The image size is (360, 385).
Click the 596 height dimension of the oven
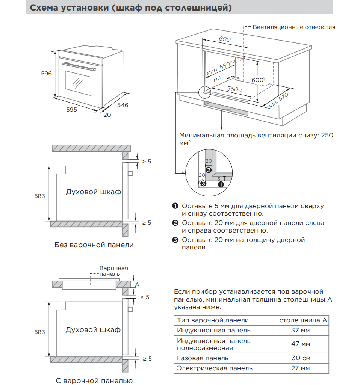pos(46,73)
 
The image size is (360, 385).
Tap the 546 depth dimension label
pos(123,105)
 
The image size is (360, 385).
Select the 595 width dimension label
pos(72,110)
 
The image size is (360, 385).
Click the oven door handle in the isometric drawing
pos(79,66)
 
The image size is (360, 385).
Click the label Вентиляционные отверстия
pos(294,27)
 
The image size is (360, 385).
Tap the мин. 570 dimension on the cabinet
pos(278,101)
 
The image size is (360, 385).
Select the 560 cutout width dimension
pos(234,89)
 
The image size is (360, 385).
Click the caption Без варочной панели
pos(94,245)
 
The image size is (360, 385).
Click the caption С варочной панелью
pos(94,380)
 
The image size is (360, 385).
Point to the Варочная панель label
pos(114,271)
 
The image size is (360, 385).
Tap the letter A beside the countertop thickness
pos(137,285)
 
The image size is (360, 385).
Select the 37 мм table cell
pos(300,330)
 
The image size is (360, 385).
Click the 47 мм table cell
pos(301,344)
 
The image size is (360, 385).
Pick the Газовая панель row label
pos(203,358)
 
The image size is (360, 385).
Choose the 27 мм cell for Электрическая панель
pos(300,368)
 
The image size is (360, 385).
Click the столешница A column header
pos(303,320)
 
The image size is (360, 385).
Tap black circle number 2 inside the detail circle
pos(209,170)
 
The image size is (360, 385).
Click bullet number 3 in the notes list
pos(175,240)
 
